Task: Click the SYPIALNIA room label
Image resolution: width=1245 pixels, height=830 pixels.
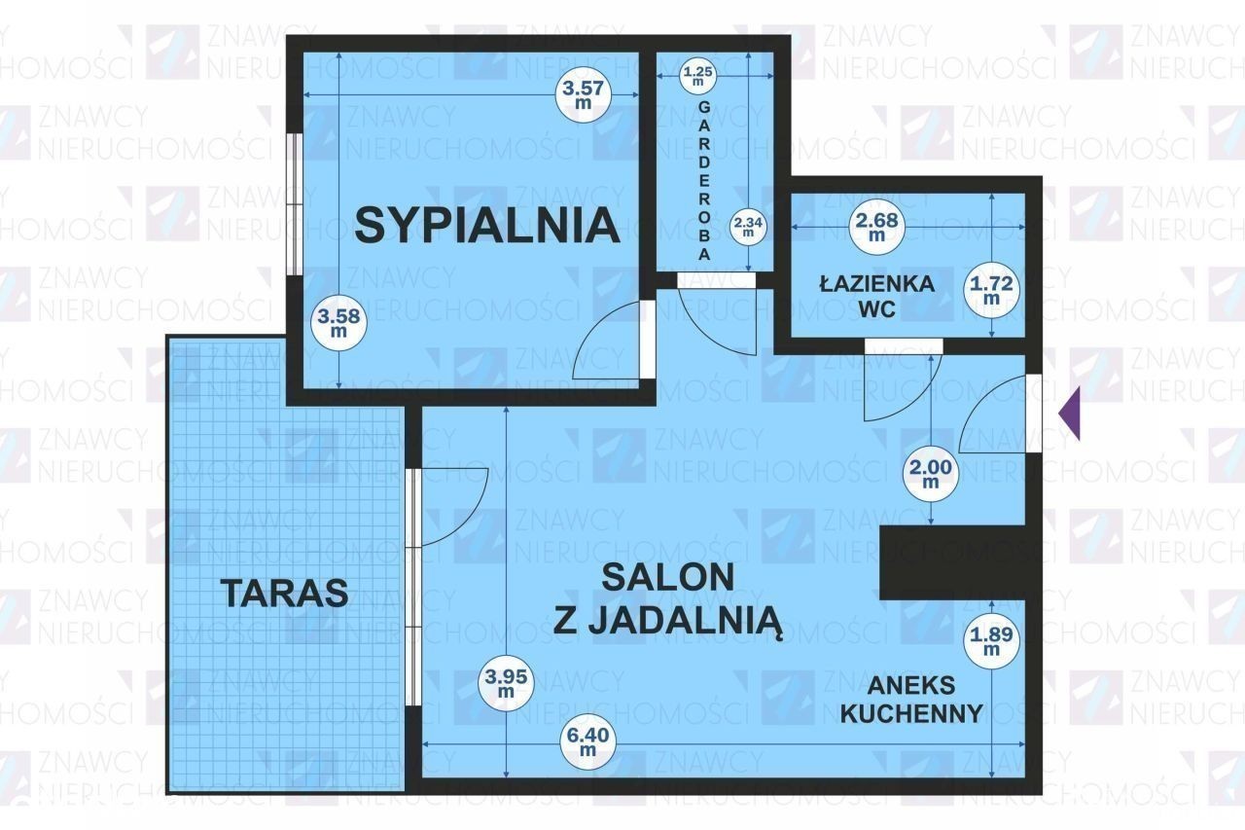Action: (x=487, y=225)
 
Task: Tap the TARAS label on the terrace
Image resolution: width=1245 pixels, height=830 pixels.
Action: (x=285, y=592)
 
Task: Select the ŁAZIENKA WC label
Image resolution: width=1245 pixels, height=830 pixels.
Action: (x=877, y=296)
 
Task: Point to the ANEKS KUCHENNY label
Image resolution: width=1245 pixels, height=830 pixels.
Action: (x=911, y=700)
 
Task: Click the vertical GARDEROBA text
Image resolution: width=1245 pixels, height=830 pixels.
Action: (x=704, y=181)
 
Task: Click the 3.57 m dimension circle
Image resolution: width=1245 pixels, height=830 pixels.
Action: (x=584, y=94)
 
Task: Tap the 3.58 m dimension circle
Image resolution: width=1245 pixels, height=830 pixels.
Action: (x=338, y=323)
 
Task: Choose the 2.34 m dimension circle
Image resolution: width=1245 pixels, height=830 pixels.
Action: (x=748, y=226)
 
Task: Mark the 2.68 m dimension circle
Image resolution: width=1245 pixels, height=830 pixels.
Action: (x=877, y=227)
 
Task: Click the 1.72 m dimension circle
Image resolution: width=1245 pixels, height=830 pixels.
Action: (x=991, y=290)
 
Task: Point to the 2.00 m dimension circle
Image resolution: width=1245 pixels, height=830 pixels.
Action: (x=931, y=474)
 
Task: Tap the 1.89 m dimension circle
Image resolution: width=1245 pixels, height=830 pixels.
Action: (x=991, y=640)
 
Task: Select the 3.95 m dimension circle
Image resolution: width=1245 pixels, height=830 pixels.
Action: (x=506, y=683)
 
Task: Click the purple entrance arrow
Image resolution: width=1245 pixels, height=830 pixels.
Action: (x=1069, y=414)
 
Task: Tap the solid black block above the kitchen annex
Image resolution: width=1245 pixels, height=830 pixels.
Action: (x=952, y=562)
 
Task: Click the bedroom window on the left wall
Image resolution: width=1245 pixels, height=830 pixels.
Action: (x=298, y=203)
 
